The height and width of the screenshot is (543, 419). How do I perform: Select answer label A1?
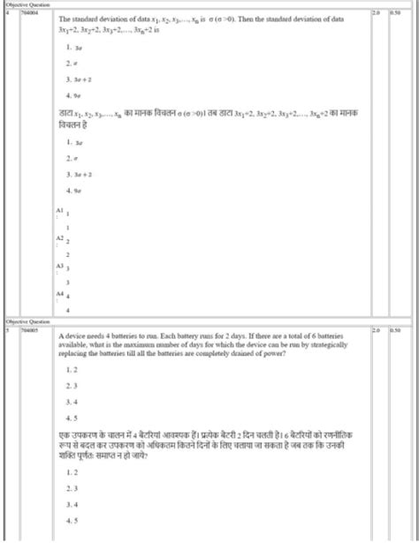[59, 211]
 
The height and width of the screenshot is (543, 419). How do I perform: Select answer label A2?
[59, 238]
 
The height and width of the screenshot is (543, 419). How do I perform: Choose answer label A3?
[59, 265]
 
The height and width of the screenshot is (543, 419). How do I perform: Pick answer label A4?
[59, 291]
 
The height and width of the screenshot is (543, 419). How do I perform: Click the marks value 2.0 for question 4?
[377, 14]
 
